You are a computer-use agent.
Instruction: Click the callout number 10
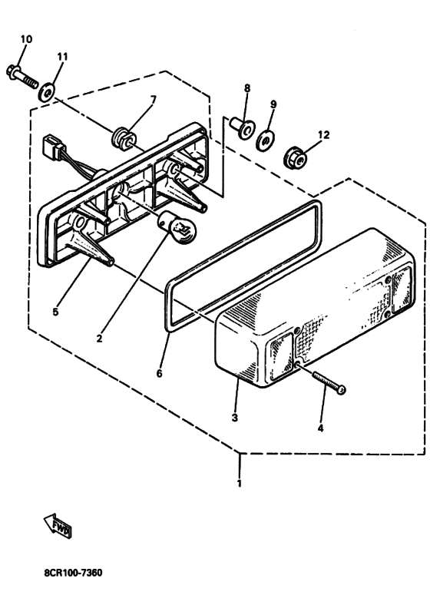tap(26, 39)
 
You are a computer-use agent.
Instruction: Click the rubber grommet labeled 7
tap(124, 139)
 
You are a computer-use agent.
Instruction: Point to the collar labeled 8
tap(242, 128)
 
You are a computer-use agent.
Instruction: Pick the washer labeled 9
tap(265, 141)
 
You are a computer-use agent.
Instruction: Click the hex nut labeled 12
tap(296, 158)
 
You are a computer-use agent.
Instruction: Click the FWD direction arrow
tap(58, 525)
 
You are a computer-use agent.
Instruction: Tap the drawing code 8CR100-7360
tap(73, 573)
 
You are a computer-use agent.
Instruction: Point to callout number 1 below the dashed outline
tap(240, 483)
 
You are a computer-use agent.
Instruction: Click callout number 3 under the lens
tap(235, 418)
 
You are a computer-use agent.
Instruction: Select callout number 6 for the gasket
tap(160, 373)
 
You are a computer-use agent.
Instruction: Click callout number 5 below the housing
tap(56, 311)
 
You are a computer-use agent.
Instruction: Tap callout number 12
tap(323, 135)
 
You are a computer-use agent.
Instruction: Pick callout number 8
tap(247, 88)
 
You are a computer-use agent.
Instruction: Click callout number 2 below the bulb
tap(99, 339)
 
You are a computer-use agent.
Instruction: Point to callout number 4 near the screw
tap(320, 428)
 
